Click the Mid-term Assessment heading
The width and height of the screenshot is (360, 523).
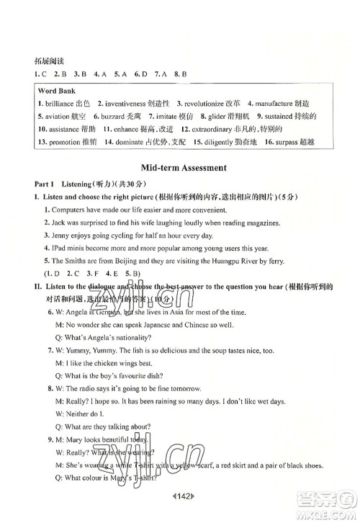pyautogui.click(x=180, y=168)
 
